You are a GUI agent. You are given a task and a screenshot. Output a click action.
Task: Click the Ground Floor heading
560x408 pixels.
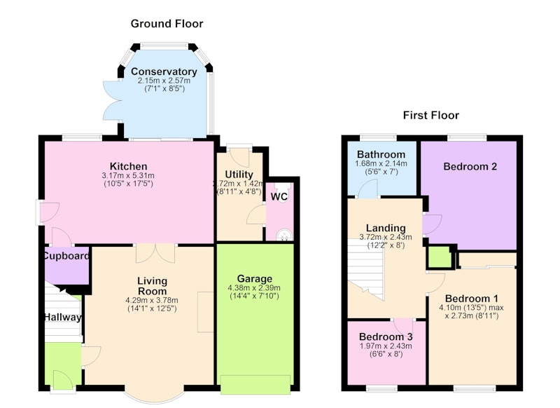click(x=167, y=24)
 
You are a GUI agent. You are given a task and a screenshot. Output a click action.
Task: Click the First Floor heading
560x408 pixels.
click(x=431, y=115)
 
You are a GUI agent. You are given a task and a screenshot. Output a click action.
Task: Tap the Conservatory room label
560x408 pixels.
click(x=164, y=72)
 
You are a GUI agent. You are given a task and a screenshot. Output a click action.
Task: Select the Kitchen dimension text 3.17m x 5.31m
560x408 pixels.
click(x=128, y=175)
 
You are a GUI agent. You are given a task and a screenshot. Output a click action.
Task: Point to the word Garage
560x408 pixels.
click(x=255, y=278)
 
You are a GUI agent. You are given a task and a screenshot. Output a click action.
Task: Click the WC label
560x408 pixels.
click(x=279, y=197)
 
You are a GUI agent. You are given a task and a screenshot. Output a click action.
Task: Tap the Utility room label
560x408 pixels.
click(x=239, y=175)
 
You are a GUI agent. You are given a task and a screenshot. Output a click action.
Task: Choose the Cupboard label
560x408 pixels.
click(x=66, y=256)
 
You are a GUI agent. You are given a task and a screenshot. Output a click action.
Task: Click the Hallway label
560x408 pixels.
click(x=62, y=317)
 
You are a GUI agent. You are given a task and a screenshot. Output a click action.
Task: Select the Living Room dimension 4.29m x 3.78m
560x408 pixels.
click(x=152, y=300)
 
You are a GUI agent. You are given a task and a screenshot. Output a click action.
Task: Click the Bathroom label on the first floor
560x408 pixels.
click(x=381, y=154)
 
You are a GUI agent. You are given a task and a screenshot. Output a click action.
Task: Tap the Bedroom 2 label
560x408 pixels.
click(x=470, y=167)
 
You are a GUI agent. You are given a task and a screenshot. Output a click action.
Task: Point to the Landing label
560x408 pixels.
click(x=386, y=228)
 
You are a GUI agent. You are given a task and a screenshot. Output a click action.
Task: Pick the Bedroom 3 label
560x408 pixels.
click(x=386, y=336)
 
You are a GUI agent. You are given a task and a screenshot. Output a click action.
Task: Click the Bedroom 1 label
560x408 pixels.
click(x=471, y=299)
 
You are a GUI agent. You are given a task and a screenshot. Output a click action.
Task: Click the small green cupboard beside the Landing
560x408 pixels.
click(x=440, y=257)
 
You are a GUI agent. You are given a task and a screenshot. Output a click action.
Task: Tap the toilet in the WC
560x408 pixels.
click(x=283, y=192)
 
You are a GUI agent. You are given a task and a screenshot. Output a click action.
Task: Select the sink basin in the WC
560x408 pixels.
click(x=284, y=236)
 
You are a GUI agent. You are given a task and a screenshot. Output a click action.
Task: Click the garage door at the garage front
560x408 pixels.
click(x=255, y=385)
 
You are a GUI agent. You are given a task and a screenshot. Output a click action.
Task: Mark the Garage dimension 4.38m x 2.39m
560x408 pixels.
click(x=254, y=288)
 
